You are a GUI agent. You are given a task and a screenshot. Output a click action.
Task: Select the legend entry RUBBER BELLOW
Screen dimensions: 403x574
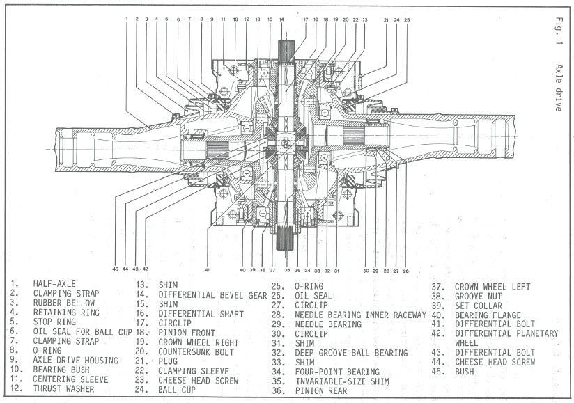tap(61, 303)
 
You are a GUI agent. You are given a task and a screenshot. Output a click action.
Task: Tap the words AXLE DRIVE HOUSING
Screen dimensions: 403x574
tap(75, 361)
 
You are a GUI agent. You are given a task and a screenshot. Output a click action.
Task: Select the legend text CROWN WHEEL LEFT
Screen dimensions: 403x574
tap(492, 286)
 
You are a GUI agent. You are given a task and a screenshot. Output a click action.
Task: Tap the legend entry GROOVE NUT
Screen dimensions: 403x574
tap(479, 295)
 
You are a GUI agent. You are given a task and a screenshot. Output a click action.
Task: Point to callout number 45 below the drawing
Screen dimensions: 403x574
tap(116, 269)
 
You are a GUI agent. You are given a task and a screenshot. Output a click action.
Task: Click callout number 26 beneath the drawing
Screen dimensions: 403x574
tap(405, 270)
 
